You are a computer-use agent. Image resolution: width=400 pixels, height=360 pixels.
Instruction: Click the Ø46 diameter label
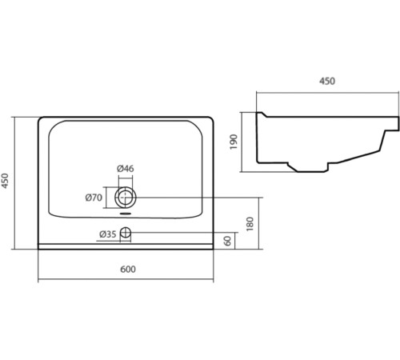pos(126,169)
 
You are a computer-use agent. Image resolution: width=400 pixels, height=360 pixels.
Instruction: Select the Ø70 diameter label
pos(94,198)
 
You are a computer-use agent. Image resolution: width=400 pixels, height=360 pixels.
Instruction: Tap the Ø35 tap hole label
pos(108,234)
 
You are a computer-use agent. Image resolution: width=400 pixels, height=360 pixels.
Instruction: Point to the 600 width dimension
pos(128,270)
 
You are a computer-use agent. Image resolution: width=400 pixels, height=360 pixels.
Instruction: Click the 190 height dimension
pos(234,142)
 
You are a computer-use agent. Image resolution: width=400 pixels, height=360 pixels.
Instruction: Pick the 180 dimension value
pos(250,224)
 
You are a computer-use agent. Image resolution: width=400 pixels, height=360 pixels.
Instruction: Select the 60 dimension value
pos(228,241)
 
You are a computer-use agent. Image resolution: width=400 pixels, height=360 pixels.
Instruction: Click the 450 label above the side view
pos(327,81)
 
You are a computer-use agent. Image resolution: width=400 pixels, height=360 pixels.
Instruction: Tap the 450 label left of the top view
pos(5,181)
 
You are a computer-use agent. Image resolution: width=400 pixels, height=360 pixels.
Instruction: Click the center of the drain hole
pos(126,198)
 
